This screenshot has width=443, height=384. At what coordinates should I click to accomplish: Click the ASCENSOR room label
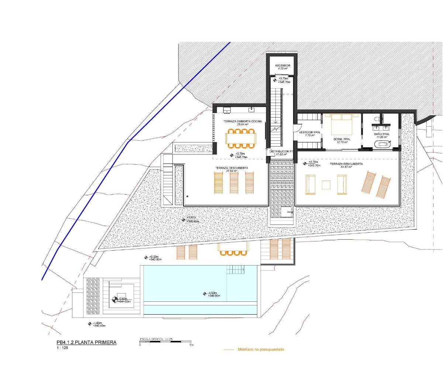pyautogui.click(x=282, y=66)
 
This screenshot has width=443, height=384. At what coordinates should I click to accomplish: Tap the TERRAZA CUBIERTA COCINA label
pyautogui.click(x=243, y=121)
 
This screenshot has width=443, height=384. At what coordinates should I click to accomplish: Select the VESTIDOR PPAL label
pyautogui.click(x=309, y=132)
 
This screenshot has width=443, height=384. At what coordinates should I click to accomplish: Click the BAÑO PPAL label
pyautogui.click(x=381, y=134)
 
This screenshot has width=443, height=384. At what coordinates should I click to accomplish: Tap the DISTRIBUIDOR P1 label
pyautogui.click(x=281, y=152)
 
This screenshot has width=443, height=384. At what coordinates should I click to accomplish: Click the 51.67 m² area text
pyautogui.click(x=346, y=167)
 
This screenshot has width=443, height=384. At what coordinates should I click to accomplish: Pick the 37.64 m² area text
pyautogui.click(x=231, y=171)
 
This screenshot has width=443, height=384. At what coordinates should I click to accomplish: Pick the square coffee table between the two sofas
pyautogui.click(x=326, y=185)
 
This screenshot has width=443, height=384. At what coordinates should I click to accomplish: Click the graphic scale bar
pyautogui.click(x=165, y=342)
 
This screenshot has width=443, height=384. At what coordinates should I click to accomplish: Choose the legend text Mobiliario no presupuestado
pyautogui.click(x=261, y=349)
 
